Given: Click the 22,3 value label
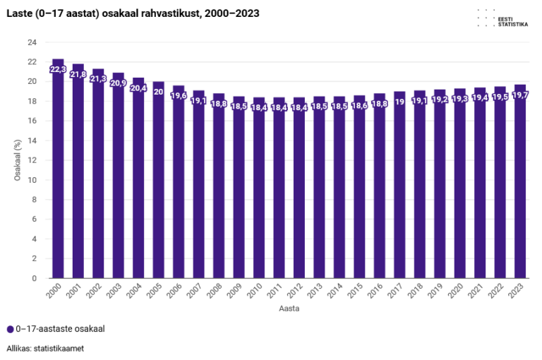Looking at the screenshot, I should [x=58, y=69].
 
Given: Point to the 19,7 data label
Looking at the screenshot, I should [x=520, y=95].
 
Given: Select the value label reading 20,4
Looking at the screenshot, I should [x=138, y=88].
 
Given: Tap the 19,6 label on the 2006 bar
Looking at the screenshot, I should [x=179, y=96].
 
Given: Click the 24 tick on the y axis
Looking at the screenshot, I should [x=32, y=42].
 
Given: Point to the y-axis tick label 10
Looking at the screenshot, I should [x=32, y=180].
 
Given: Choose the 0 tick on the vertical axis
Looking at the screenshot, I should [x=34, y=278].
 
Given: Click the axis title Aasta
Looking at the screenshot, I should [x=288, y=309].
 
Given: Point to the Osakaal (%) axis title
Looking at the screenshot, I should [x=16, y=160].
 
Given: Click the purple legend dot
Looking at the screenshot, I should [x=10, y=329].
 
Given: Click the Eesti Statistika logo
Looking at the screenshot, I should [x=502, y=18].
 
